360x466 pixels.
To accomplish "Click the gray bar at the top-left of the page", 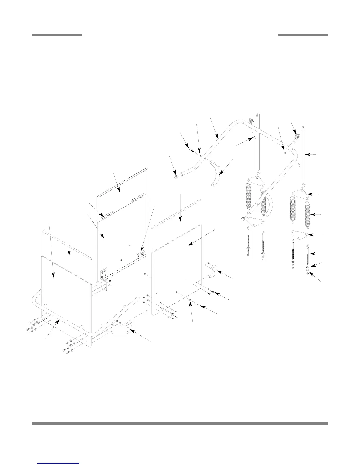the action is coord(57,35).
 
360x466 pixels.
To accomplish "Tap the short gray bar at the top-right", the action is coord(303,35).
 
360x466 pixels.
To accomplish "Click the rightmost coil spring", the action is coord(307,215).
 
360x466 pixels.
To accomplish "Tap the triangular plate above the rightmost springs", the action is coord(300,194).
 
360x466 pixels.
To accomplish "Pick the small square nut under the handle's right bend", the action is coord(284,152).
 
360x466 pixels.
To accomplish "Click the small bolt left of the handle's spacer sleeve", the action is coord(190,150).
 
